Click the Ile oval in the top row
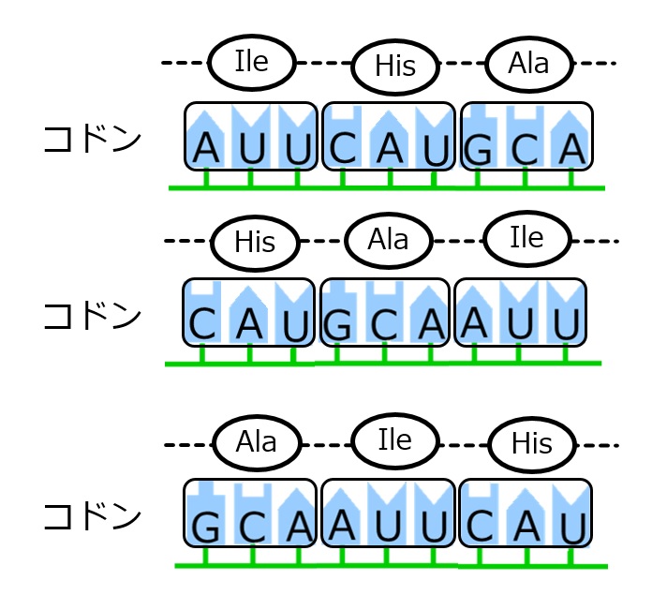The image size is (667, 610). [252, 62]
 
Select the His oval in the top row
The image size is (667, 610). [394, 67]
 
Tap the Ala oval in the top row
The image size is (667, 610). [529, 64]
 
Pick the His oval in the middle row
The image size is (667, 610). [255, 243]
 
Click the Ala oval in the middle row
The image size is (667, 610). [389, 240]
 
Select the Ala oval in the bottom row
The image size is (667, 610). [257, 440]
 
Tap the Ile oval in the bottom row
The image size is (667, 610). [394, 438]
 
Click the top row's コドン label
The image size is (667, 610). [93, 140]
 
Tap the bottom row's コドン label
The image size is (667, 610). [93, 516]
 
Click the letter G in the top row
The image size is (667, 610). [481, 150]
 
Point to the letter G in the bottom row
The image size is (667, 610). [205, 528]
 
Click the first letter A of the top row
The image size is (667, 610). [206, 148]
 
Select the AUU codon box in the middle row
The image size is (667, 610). [520, 312]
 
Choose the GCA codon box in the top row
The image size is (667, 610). [526, 137]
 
